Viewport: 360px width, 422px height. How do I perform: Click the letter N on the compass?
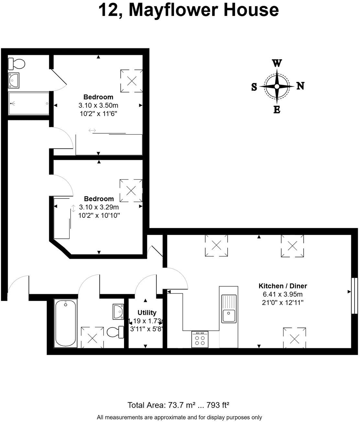pyautogui.click(x=300, y=86)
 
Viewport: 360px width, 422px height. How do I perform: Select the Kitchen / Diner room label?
pyautogui.click(x=282, y=286)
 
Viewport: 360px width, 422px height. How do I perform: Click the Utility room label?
pyautogui.click(x=147, y=313)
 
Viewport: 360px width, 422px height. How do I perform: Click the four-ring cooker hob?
pyautogui.click(x=199, y=339)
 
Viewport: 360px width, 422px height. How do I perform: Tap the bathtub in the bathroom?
pyautogui.click(x=66, y=323)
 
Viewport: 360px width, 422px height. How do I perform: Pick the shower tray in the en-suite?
pyautogui.click(x=28, y=104)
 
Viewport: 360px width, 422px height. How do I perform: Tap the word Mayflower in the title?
pyautogui.click(x=173, y=10)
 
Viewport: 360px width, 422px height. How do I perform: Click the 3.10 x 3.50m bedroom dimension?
pyautogui.click(x=98, y=105)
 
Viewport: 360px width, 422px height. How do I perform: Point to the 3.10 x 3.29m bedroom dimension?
pyautogui.click(x=99, y=207)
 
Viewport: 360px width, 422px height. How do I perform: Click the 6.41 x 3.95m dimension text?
pyautogui.click(x=283, y=294)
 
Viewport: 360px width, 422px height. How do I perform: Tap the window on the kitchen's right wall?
pyautogui.click(x=354, y=295)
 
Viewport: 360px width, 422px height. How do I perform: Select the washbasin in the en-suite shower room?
pyautogui.click(x=14, y=80)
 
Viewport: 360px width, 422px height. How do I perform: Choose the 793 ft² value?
pyautogui.click(x=218, y=405)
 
